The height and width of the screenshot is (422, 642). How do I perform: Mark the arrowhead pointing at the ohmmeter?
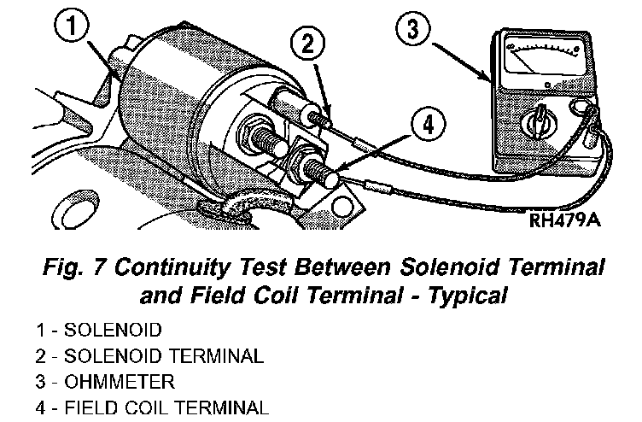(x=488, y=79)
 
